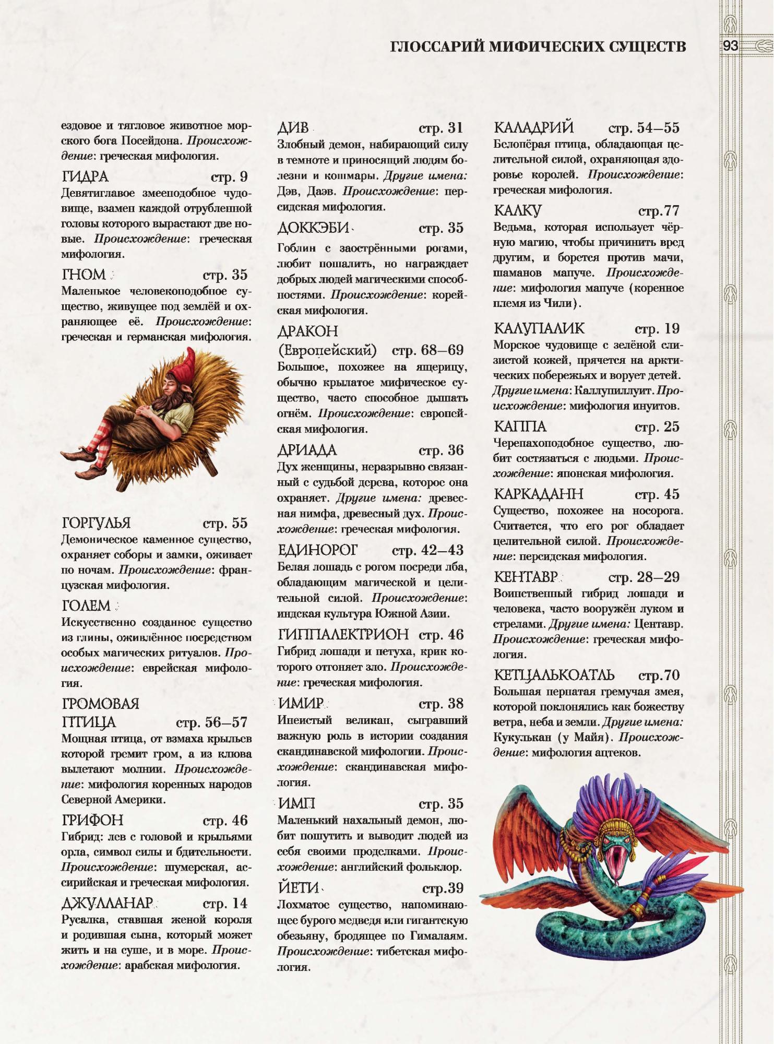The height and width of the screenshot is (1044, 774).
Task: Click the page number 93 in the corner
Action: [730, 46]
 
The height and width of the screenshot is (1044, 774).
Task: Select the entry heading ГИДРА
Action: [85, 177]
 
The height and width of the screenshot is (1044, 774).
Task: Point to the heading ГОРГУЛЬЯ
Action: [96, 523]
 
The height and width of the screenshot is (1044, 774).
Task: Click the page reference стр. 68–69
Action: [427, 350]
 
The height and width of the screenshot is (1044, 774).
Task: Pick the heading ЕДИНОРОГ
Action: [318, 550]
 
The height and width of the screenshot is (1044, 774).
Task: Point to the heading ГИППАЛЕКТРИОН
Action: [343, 634]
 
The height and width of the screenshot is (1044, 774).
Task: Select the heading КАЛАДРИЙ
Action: [533, 128]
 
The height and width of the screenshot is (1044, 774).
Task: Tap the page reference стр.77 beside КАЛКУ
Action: [659, 211]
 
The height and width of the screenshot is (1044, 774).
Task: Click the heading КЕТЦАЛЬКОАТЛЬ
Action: [554, 675]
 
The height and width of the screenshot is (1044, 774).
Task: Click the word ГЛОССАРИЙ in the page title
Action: [436, 47]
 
